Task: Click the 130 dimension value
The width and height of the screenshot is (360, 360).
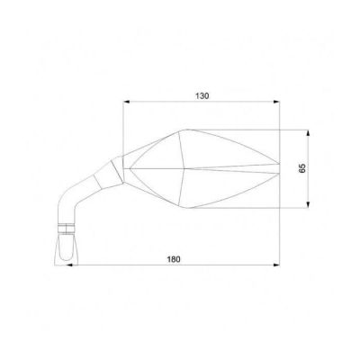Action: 202,96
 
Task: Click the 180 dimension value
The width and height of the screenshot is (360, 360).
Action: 174,259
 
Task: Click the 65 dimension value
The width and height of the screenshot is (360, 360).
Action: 302,168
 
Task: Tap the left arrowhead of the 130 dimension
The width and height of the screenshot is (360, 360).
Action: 127,102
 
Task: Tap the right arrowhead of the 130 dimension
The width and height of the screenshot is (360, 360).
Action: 276,102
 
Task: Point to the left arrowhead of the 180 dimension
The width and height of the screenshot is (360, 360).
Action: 70,265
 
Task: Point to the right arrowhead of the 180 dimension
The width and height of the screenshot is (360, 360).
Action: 276,265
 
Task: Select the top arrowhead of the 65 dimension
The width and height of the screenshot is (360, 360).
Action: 308,133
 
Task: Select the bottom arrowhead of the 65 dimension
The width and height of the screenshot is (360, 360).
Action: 308,204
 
